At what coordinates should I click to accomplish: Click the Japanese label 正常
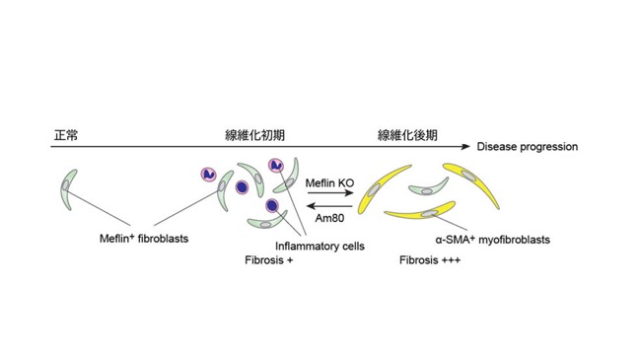click(66, 135)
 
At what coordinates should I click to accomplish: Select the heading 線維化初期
click(254, 135)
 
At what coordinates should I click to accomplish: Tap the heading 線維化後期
click(407, 135)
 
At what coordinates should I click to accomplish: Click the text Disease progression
click(528, 147)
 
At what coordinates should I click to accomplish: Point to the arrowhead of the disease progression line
click(466, 147)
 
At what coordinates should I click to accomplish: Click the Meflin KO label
click(329, 182)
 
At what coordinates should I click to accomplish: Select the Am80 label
click(329, 218)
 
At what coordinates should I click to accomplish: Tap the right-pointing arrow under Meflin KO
click(330, 192)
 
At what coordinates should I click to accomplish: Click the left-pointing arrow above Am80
click(329, 206)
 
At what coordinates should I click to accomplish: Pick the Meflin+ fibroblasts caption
click(144, 239)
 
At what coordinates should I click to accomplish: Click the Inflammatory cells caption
click(320, 247)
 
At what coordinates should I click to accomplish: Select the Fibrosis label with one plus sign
click(268, 260)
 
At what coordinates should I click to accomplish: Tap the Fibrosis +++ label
click(430, 260)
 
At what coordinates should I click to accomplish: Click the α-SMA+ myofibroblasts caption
click(493, 240)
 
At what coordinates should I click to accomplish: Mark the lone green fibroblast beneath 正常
click(67, 188)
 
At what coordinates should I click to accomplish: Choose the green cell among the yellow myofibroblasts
click(429, 188)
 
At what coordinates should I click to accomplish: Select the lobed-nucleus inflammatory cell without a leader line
click(209, 175)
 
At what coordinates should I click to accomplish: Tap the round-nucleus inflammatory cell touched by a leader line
click(272, 205)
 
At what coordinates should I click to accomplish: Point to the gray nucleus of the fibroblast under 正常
click(65, 184)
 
